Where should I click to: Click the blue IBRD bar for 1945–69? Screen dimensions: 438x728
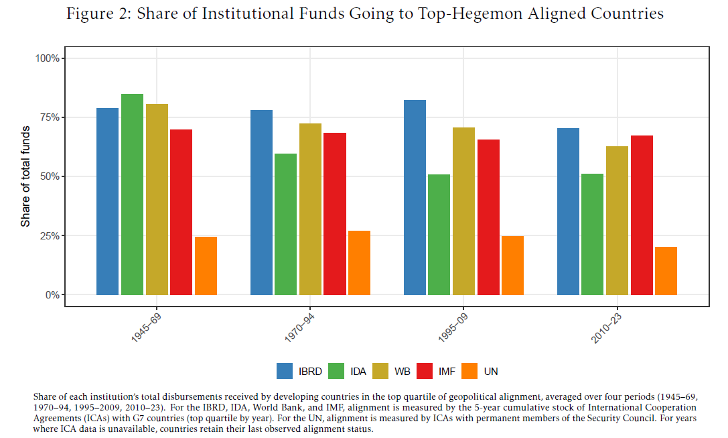click(x=107, y=201)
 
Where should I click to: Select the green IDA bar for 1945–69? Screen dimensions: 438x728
click(x=132, y=195)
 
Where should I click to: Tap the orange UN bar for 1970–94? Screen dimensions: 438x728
click(x=359, y=263)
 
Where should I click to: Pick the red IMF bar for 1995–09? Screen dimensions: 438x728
click(x=488, y=217)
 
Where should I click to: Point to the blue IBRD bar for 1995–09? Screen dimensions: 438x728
click(x=415, y=197)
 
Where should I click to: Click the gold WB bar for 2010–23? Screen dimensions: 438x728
click(x=617, y=221)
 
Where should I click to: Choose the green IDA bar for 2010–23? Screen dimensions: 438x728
click(x=592, y=234)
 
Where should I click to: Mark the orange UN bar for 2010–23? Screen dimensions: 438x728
click(x=666, y=271)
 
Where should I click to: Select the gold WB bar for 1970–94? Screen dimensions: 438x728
click(x=310, y=209)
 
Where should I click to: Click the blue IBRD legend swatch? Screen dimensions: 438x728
click(x=284, y=371)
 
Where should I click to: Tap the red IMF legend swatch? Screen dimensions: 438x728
click(x=424, y=371)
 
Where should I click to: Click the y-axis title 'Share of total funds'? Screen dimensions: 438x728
click(x=25, y=176)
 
